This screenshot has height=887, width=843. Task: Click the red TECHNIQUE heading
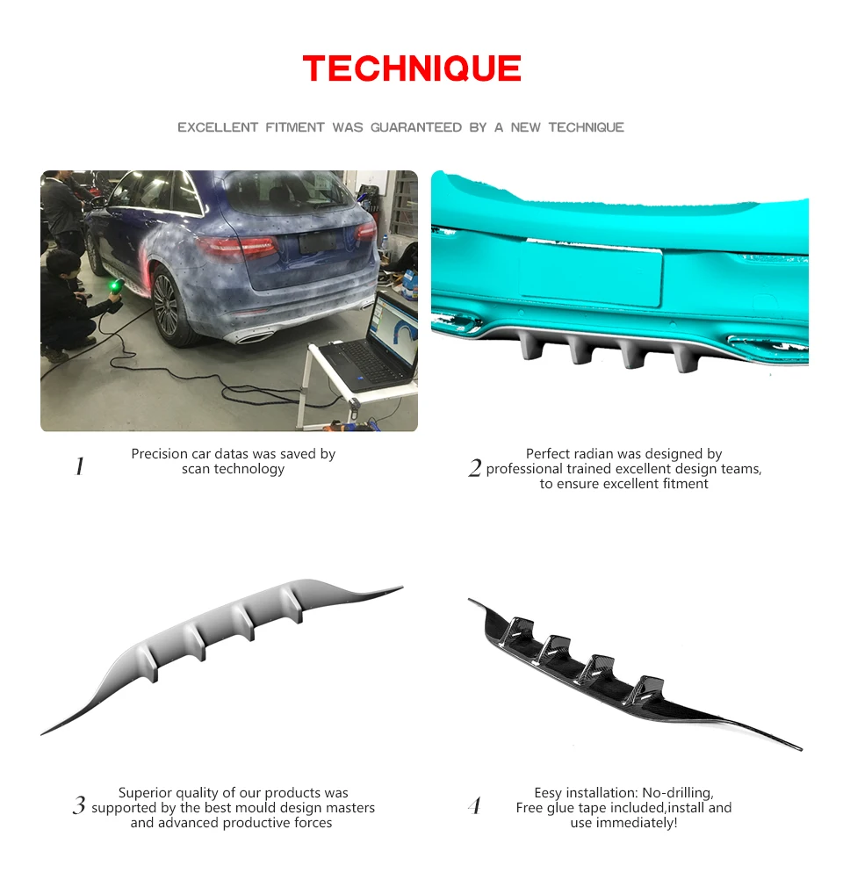tap(412, 69)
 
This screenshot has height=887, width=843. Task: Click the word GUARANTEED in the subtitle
tap(416, 127)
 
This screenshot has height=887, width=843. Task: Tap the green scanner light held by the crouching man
tap(117, 285)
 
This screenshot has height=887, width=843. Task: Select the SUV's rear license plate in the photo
tap(317, 242)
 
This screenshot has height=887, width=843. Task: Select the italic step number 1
tap(80, 466)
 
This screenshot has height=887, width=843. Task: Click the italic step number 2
tap(475, 468)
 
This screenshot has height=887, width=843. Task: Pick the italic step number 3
tap(79, 805)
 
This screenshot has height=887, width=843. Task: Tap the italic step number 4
tap(475, 805)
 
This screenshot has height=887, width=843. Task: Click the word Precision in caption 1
tap(159, 454)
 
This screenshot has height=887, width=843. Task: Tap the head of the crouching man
tap(63, 264)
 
